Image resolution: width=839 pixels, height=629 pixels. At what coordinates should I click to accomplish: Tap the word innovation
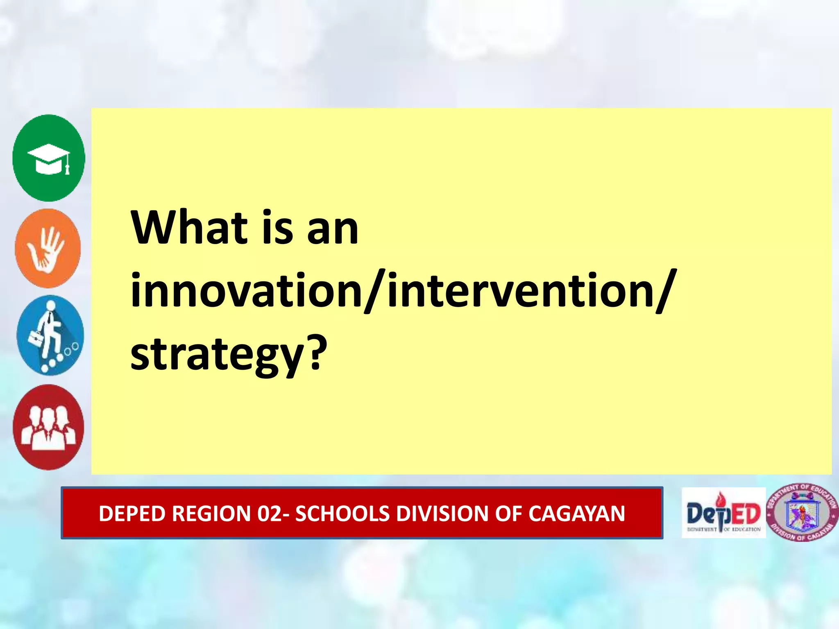click(246, 291)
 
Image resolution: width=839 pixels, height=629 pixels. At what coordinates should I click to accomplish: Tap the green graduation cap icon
click(49, 158)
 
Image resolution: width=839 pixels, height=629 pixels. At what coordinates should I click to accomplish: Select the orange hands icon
click(48, 249)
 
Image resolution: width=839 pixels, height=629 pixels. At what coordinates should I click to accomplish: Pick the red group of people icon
click(48, 427)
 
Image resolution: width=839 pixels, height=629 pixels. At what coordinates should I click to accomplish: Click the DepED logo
click(723, 513)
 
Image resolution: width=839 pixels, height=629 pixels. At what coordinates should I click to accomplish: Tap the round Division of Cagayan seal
click(802, 513)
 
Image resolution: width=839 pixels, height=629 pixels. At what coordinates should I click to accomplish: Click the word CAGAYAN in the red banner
click(576, 514)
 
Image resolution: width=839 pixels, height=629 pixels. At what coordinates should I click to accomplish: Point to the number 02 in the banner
click(268, 514)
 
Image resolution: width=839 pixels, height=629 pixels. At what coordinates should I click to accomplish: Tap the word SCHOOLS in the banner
click(342, 514)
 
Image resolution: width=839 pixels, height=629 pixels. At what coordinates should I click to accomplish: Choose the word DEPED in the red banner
click(133, 514)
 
